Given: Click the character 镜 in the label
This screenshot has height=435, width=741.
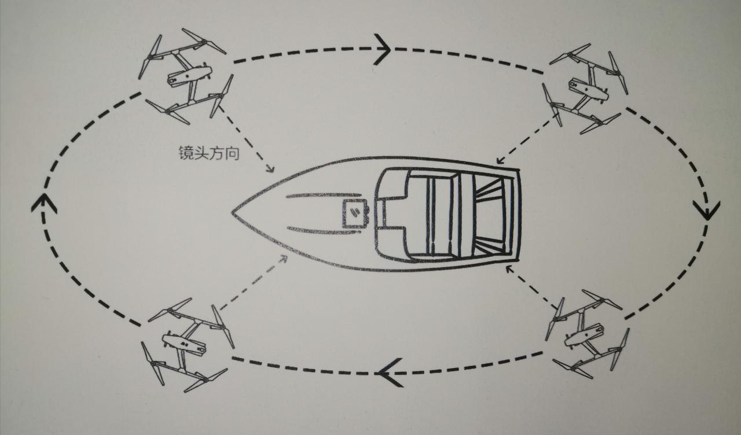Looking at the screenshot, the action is point(185,154).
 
